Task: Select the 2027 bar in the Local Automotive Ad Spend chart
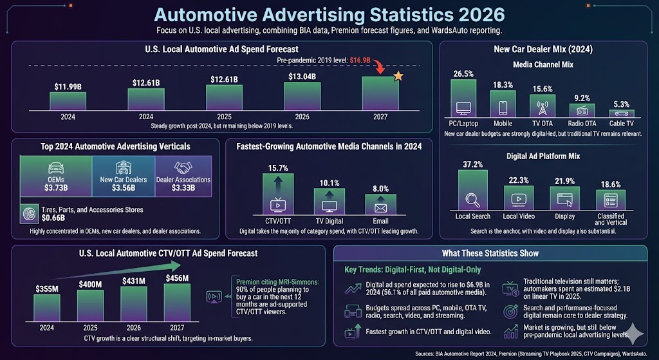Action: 380,93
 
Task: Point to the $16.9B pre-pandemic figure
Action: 360,59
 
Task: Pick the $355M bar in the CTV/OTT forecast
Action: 47,308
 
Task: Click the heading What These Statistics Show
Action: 490,253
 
